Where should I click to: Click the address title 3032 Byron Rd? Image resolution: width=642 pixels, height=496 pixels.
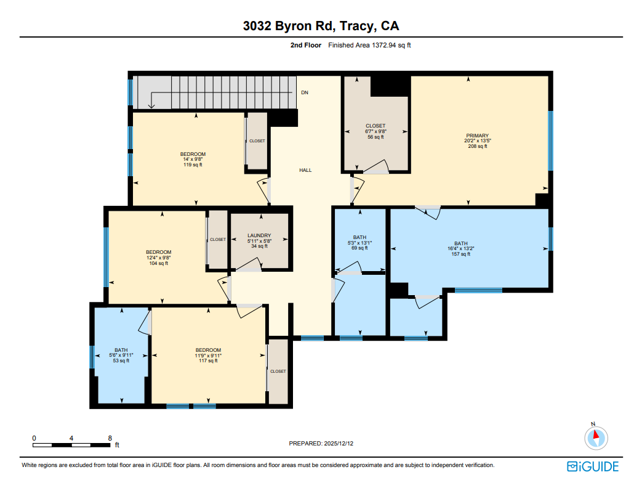pos(320,26)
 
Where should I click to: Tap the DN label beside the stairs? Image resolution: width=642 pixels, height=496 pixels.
pos(305,93)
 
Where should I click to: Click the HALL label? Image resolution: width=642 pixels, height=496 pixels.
pos(305,170)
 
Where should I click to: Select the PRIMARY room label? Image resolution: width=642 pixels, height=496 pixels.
pos(477,136)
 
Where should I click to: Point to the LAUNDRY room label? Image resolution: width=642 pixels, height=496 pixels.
pos(259,235)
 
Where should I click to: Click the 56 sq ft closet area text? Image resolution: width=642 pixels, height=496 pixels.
pos(375,137)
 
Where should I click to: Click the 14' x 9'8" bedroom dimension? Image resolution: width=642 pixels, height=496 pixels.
pos(193,160)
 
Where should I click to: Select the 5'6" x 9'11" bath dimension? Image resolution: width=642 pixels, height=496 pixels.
pos(121,356)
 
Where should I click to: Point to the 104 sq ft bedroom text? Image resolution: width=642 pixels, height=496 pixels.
pos(158,263)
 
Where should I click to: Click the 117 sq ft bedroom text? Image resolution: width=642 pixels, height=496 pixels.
pos(208,361)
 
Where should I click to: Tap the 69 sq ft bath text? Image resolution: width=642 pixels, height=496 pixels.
pos(359,248)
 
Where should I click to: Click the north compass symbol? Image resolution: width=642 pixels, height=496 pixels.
pos(595,438)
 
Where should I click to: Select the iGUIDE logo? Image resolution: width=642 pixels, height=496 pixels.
pos(592,466)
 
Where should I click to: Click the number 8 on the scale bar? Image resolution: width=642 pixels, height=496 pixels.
pos(110,438)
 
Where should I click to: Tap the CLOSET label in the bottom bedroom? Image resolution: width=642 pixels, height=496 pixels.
pos(278,372)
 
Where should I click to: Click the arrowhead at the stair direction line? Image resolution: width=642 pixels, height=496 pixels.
pos(151,105)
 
